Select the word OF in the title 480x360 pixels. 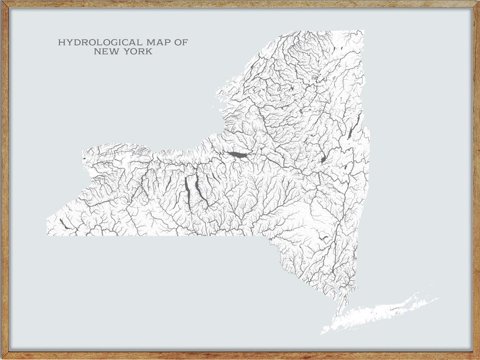(x=181, y=43)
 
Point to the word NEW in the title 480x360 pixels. (x=108, y=52)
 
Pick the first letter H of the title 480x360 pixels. (x=61, y=43)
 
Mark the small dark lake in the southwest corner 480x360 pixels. (x=63, y=224)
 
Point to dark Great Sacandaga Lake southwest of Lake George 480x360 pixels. (x=324, y=159)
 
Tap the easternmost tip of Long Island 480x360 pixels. (x=436, y=297)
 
